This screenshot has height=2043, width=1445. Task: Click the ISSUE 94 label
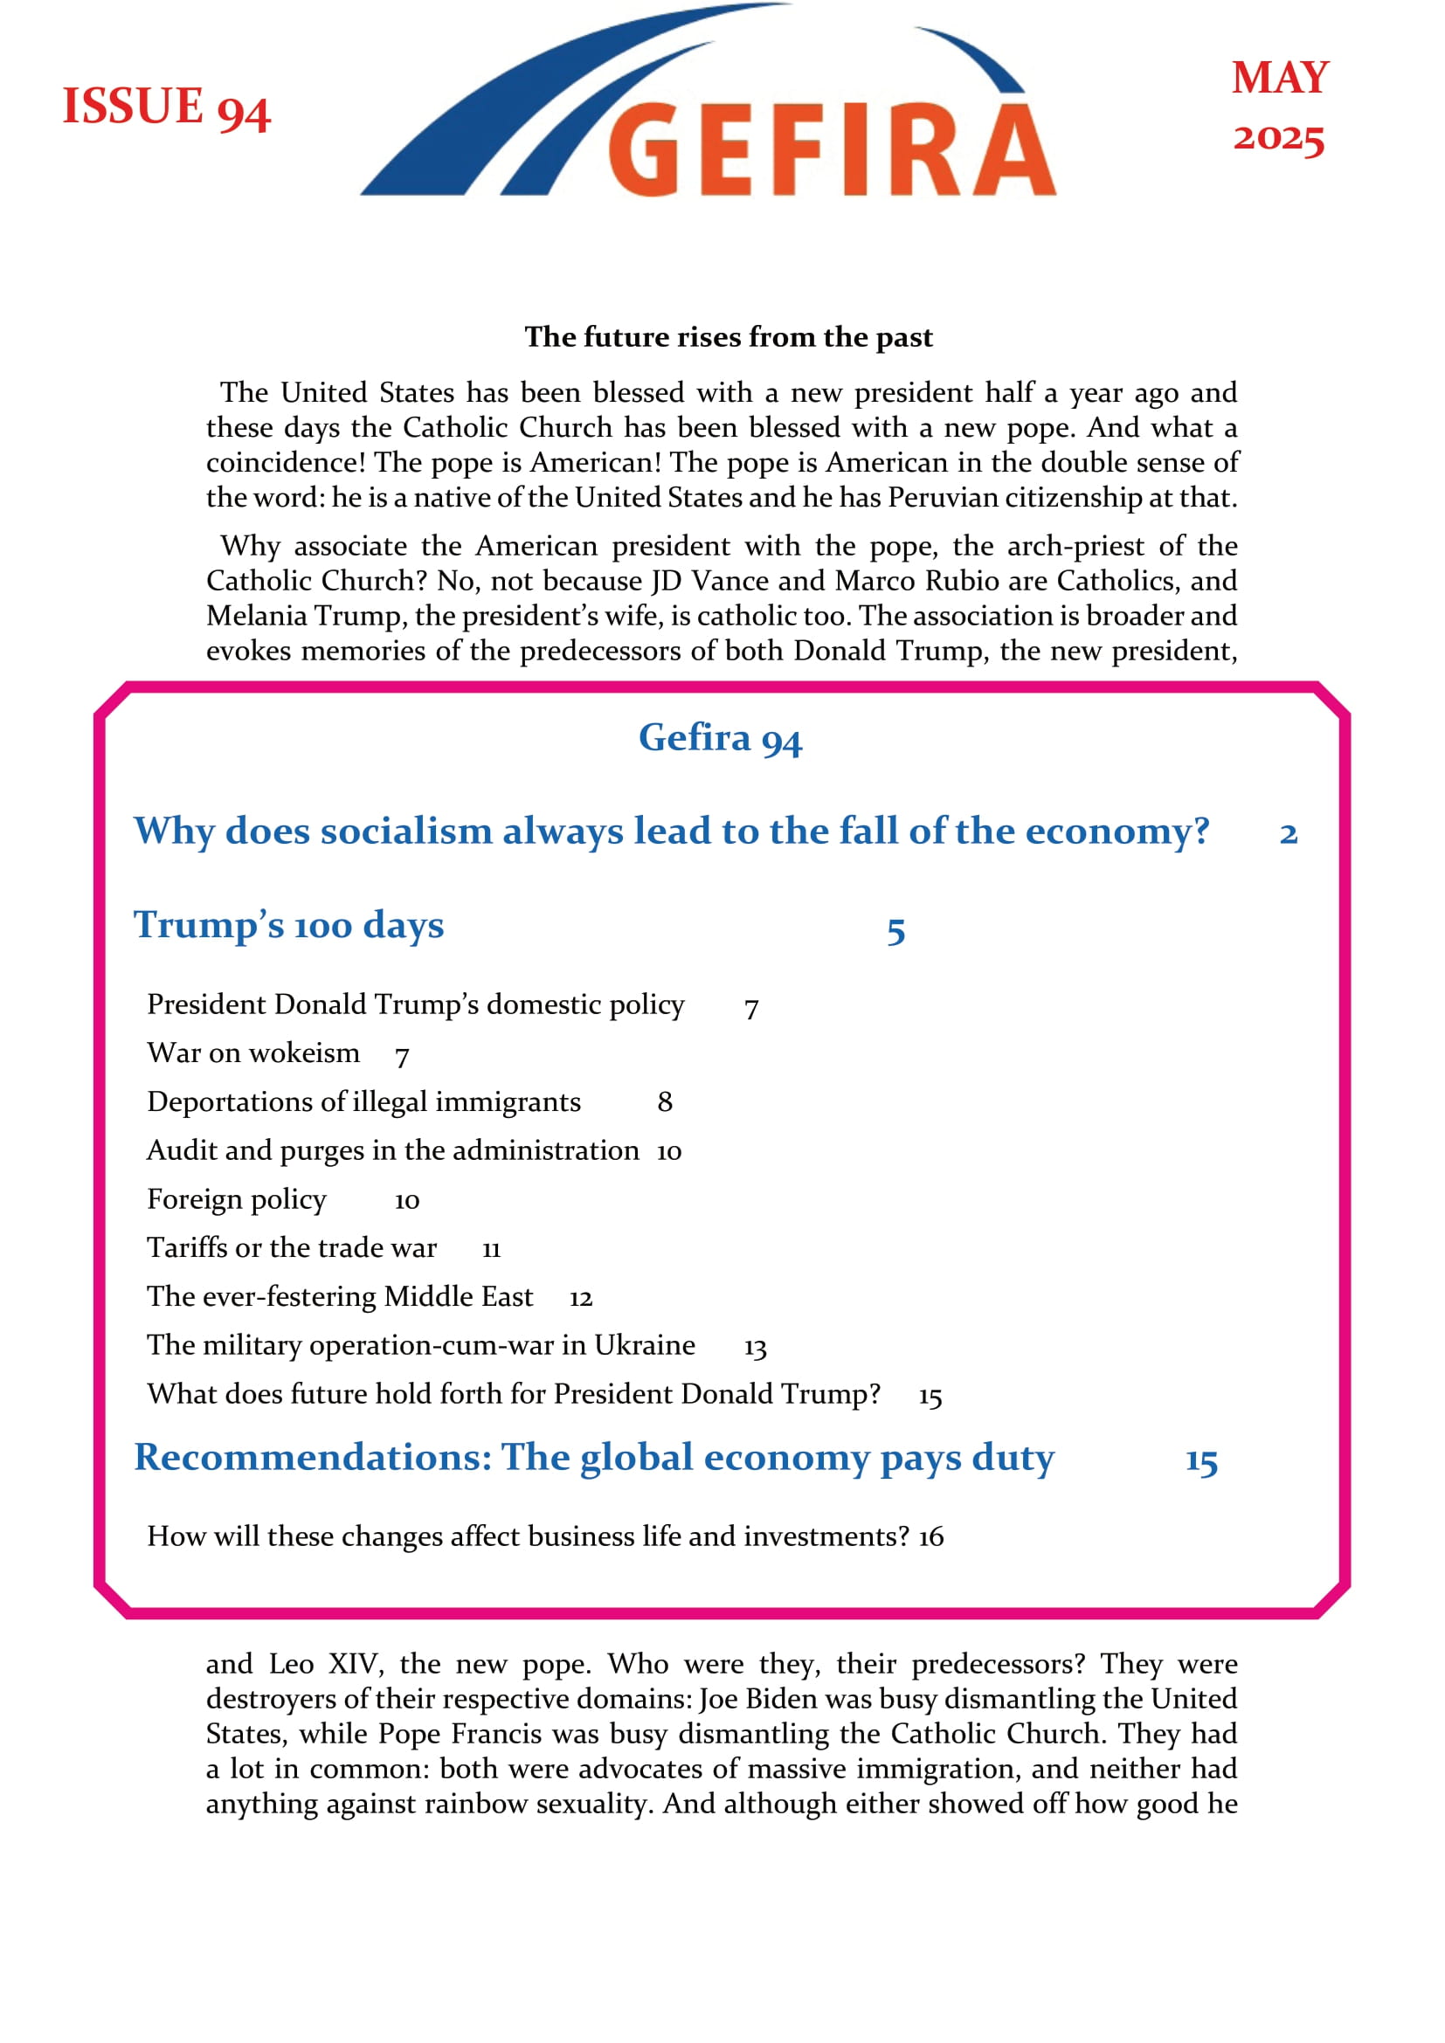point(166,107)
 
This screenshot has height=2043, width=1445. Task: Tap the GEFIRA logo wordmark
point(831,149)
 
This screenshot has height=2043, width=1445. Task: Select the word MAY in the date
point(1280,79)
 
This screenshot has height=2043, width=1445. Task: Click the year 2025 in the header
point(1279,138)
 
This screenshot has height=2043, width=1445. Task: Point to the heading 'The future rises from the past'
point(728,337)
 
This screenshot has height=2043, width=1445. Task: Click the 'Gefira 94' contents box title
point(720,738)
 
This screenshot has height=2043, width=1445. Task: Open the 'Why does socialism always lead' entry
point(671,831)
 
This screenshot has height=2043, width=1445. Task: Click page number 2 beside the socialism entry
point(1288,834)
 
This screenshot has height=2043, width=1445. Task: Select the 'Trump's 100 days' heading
point(288,924)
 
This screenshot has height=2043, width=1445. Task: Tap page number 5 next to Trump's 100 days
point(895,931)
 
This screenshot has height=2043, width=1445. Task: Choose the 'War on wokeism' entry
point(253,1053)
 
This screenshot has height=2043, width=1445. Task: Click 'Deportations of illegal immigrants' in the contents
point(363,1101)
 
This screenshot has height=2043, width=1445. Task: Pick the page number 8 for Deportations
point(665,1102)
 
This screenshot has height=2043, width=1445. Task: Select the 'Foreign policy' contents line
point(237,1199)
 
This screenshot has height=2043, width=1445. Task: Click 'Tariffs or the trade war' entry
point(292,1247)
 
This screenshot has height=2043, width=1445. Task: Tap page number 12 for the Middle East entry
point(580,1298)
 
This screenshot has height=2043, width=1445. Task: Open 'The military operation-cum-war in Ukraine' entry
point(421,1344)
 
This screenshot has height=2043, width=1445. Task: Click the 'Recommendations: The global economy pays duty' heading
point(593,1458)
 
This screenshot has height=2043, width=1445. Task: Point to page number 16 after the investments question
point(930,1536)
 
